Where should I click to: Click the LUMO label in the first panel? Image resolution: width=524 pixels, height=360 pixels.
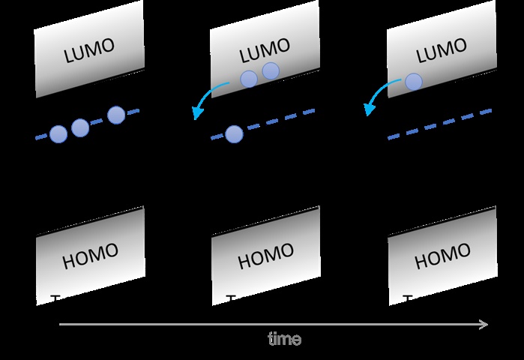(x=89, y=50)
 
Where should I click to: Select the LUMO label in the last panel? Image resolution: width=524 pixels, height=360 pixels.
(x=440, y=51)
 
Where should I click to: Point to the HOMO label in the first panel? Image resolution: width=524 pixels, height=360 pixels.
(x=90, y=256)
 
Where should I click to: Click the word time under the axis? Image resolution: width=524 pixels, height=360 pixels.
(x=285, y=339)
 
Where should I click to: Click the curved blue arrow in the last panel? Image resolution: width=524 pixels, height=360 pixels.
(x=382, y=96)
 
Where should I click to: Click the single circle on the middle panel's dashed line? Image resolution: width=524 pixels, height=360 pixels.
(x=234, y=134)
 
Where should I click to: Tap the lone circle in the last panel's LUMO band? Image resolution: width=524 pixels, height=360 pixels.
(x=413, y=82)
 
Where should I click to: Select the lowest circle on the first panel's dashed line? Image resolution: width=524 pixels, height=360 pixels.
(x=58, y=134)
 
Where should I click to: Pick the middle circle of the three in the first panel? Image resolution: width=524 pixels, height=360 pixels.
(x=80, y=127)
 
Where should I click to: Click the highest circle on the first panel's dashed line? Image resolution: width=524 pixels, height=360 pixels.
(x=115, y=115)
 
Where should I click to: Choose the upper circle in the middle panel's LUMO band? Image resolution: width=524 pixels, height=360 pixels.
(x=271, y=71)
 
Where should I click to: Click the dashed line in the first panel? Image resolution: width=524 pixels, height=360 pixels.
(x=97, y=123)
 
